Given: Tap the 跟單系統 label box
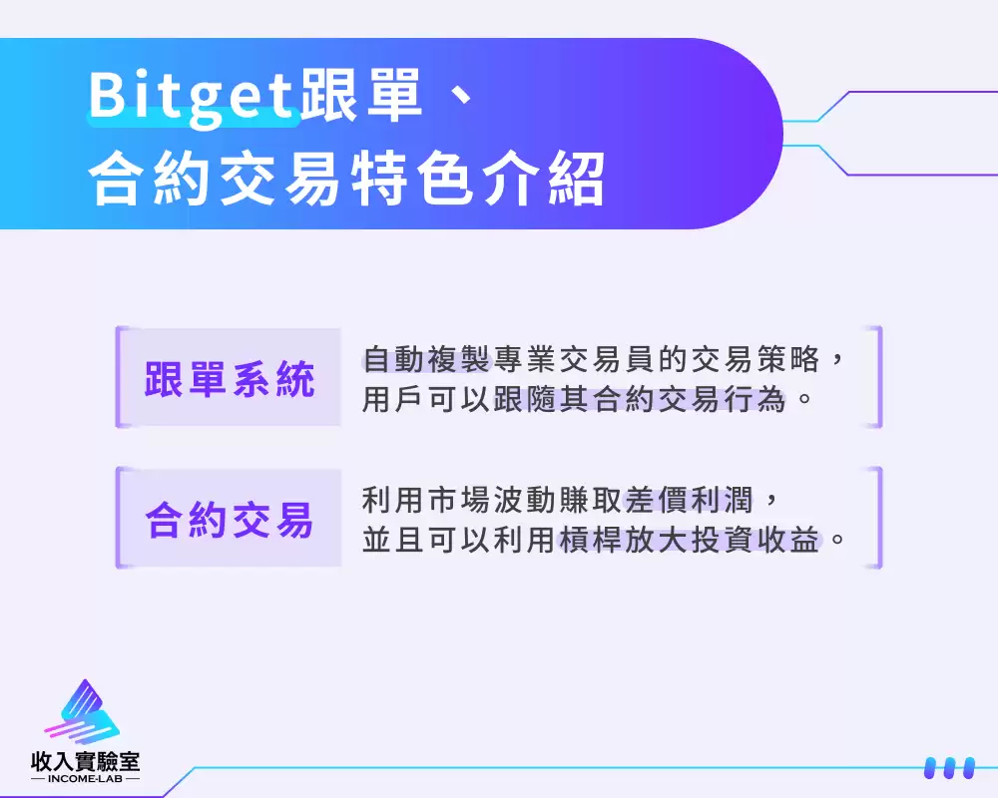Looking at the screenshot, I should [229, 378].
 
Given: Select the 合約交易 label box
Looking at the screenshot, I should [229, 519].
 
